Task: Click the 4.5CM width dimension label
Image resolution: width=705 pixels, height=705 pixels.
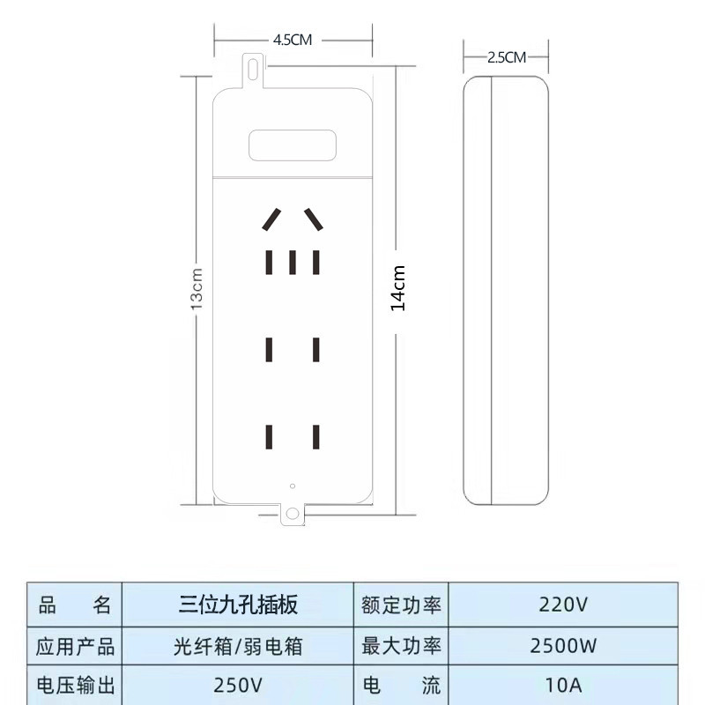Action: (293, 40)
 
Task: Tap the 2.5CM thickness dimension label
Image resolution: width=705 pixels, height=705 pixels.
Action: (506, 57)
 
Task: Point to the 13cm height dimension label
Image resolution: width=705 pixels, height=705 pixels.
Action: (197, 289)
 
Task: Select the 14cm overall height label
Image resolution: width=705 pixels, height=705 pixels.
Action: (398, 288)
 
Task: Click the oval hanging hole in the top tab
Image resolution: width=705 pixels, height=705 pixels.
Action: (253, 68)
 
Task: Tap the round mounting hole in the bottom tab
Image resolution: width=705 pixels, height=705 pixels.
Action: (293, 514)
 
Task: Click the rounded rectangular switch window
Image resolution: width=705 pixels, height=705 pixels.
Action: (293, 145)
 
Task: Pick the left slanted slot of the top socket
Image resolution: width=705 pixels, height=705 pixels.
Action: (271, 219)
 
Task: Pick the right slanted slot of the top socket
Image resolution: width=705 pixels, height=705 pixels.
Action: (314, 219)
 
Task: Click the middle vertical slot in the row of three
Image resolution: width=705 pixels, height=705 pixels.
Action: (293, 263)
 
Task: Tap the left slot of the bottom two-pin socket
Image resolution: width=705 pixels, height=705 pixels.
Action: (269, 437)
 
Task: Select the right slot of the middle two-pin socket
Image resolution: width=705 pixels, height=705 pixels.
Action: (316, 350)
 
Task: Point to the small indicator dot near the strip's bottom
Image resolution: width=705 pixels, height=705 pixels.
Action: (293, 486)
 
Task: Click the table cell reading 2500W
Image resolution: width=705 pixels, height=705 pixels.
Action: (563, 646)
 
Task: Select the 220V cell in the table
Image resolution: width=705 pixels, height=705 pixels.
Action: (563, 605)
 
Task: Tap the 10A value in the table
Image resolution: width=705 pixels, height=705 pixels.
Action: (563, 686)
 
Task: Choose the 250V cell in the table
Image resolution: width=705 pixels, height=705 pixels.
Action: (238, 686)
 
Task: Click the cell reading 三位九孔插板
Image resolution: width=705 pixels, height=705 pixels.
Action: (238, 605)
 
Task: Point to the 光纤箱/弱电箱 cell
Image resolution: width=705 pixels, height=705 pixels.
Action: (238, 646)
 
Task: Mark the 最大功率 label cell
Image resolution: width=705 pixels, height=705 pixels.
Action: (401, 646)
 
